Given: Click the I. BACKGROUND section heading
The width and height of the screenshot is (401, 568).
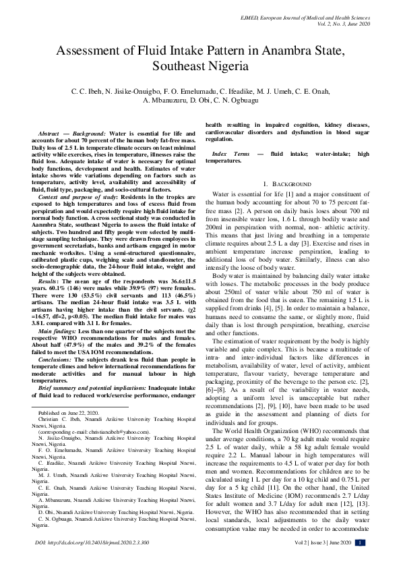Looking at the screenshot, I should click(x=286, y=184).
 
